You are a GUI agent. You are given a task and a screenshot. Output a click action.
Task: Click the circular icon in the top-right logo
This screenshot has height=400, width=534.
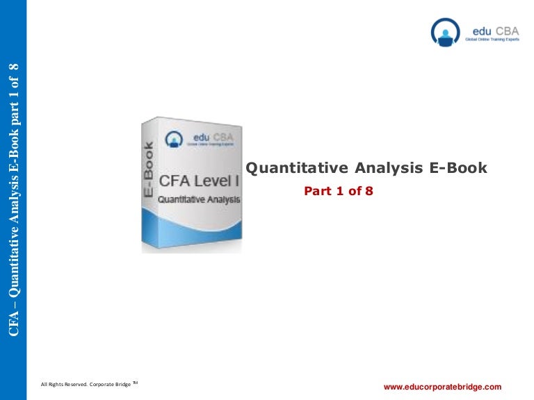click(445, 32)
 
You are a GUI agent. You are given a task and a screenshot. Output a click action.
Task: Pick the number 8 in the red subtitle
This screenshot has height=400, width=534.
click(370, 191)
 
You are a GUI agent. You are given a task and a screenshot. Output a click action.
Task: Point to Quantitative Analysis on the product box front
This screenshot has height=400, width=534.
click(199, 199)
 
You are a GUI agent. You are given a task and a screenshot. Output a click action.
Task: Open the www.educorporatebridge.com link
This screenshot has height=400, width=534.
click(442, 385)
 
